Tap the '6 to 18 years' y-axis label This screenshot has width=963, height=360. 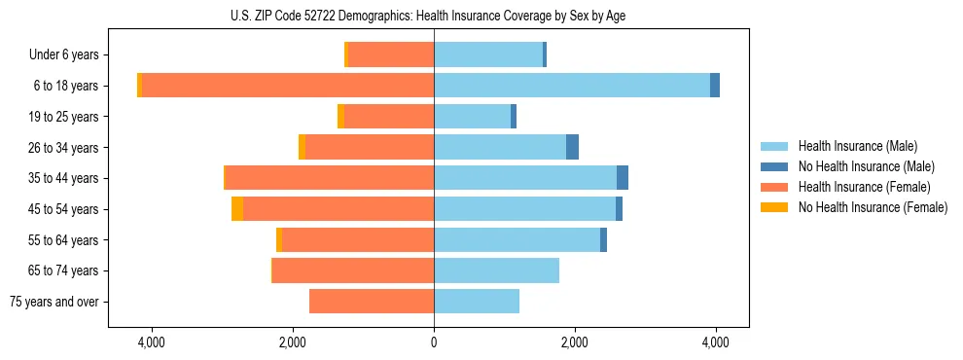tap(66, 86)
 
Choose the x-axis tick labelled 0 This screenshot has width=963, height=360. tap(434, 343)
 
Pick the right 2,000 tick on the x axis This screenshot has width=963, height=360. tap(574, 343)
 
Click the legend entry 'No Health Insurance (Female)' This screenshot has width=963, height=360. tap(873, 207)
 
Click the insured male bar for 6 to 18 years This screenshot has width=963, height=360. tap(572, 86)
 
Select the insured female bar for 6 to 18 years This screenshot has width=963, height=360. tap(288, 86)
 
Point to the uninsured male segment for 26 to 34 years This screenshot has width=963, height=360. tap(572, 147)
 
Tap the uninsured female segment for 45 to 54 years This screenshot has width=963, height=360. tap(237, 209)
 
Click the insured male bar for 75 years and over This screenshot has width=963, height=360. tap(477, 302)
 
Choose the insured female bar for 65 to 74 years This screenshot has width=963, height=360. tap(353, 270)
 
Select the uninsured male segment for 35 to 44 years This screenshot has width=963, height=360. tap(623, 178)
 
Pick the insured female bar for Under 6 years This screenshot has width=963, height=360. tap(391, 55)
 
